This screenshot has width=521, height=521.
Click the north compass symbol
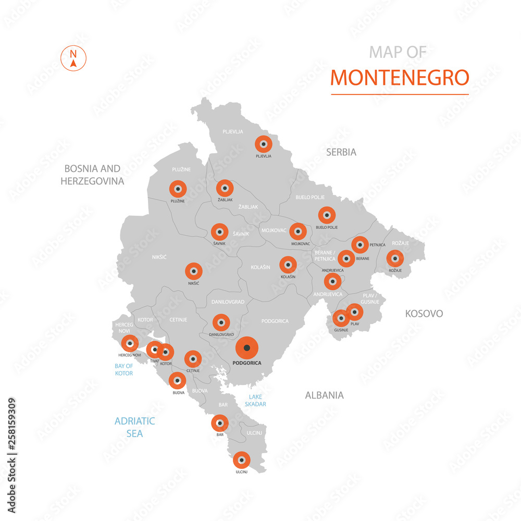(73, 59)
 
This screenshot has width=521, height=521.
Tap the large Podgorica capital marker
(247, 348)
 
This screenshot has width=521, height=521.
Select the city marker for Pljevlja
(263, 144)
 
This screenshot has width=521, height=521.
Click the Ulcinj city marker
(241, 460)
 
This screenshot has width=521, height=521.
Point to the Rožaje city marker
(394, 258)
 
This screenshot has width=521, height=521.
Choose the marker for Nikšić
(194, 271)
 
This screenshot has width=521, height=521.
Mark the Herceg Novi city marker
(130, 344)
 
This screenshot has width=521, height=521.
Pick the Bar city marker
(220, 423)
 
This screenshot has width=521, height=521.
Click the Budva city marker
(177, 381)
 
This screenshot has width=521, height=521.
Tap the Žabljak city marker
(225, 188)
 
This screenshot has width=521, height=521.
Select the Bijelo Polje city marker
(327, 215)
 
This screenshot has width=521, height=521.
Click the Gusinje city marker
(341, 318)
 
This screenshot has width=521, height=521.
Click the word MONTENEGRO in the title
(400, 77)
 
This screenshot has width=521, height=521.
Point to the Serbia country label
(341, 152)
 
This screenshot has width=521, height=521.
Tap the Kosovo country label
(424, 313)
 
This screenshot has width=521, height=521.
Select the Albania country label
(324, 395)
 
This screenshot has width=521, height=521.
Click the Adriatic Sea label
(134, 427)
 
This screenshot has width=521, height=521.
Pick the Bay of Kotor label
(124, 369)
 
